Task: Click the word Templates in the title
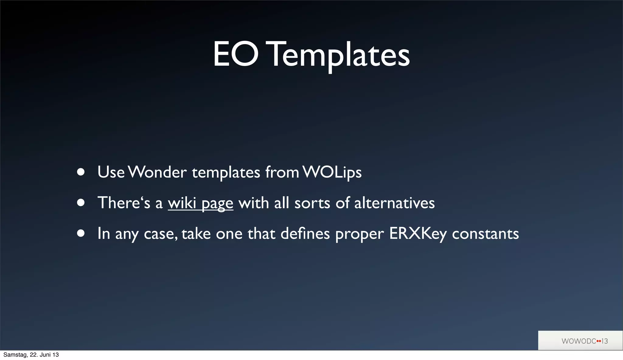339,55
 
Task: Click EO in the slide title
236,55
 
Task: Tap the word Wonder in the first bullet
157,172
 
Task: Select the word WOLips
332,172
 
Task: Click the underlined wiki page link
200,203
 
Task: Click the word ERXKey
418,234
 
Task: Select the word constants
485,234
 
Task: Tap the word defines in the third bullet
305,234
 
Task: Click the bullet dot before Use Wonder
81,172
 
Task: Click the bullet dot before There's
81,203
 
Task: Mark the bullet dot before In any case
81,234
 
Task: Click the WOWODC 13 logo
580,341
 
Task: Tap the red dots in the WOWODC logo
599,341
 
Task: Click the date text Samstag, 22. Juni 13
31,355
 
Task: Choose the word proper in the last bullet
359,234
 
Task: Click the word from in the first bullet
282,172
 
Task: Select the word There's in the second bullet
124,203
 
